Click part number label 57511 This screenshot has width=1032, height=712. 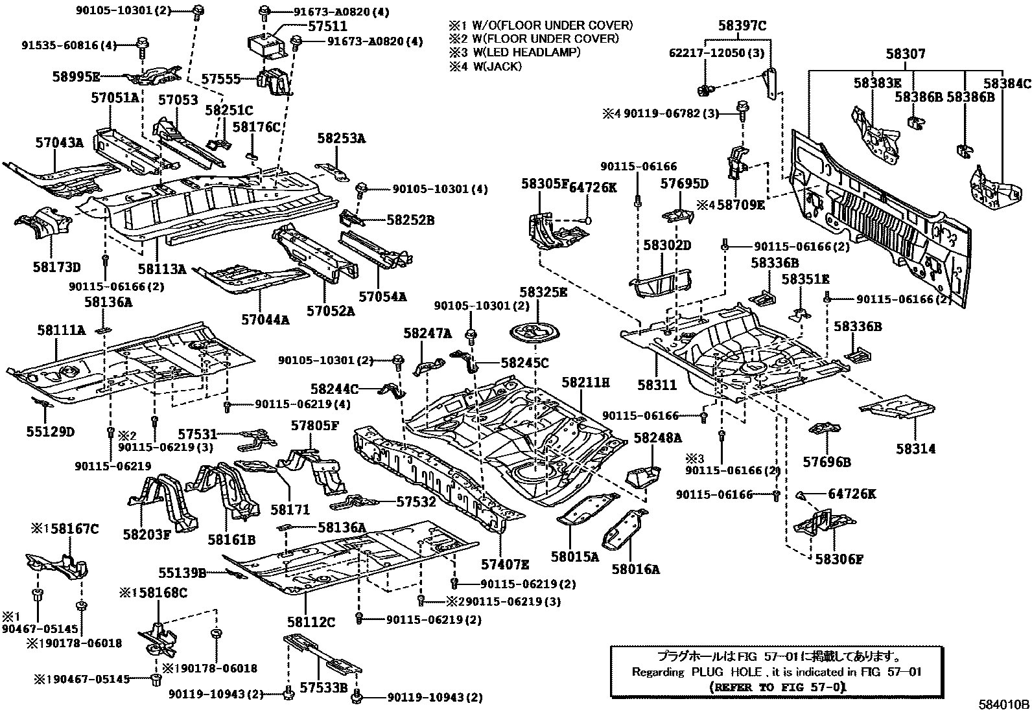click(327, 27)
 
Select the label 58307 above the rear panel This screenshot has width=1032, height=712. click(906, 54)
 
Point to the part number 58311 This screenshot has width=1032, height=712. click(657, 385)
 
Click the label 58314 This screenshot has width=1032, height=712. click(916, 448)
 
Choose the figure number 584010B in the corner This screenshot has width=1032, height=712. click(1004, 705)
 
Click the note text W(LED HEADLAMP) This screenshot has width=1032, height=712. click(526, 52)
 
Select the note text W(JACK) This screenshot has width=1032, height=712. click(498, 66)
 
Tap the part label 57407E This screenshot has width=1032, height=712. click(505, 564)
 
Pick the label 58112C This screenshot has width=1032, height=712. click(311, 622)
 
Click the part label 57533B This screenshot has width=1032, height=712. click(324, 687)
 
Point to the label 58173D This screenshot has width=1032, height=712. click(56, 267)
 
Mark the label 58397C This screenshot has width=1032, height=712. click(742, 26)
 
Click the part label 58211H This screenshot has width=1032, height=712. click(585, 382)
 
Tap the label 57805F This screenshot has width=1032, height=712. click(314, 426)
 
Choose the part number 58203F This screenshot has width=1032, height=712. click(147, 534)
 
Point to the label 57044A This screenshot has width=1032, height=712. click(265, 319)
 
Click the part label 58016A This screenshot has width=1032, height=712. click(636, 569)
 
